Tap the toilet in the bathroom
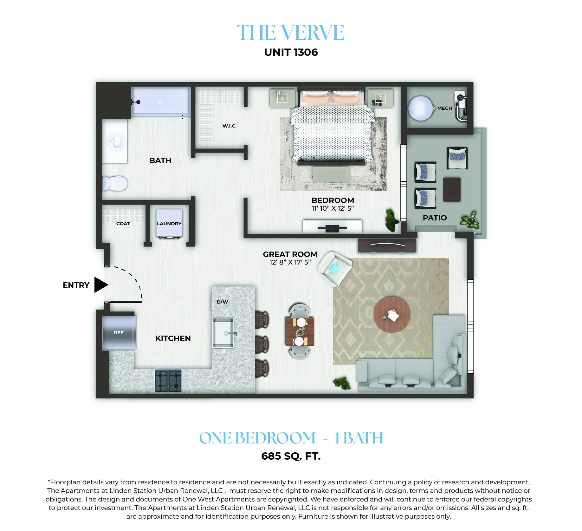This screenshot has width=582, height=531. click(115, 183)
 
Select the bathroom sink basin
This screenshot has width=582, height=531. click(116, 141)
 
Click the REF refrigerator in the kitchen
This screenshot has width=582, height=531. click(119, 333)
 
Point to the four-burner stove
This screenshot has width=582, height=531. click(168, 380)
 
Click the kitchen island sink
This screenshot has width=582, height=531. click(223, 333)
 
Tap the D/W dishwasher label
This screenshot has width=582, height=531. click(222, 302)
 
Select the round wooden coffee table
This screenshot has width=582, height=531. click(392, 315)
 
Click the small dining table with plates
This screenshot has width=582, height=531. click(300, 332)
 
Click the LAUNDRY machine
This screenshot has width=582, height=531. click(169, 223)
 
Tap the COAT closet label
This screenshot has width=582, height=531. click(123, 224)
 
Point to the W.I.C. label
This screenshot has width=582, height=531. click(230, 126)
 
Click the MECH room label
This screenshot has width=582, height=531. click(444, 108)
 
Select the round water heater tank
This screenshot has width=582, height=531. click(421, 108)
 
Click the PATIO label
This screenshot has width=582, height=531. click(435, 218)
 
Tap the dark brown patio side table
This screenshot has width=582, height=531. click(452, 189)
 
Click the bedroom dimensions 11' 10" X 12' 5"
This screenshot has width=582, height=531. click(333, 208)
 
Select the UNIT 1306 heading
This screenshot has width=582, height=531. click(291, 52)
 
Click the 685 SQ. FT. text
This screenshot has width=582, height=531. click(291, 456)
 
